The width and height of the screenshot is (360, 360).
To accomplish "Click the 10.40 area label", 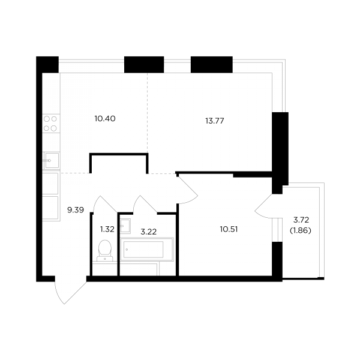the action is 105,119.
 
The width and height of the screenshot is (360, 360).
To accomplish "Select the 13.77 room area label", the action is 215,121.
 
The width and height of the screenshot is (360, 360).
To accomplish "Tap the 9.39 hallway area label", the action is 76,210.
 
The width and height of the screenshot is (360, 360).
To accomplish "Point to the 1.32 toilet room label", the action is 107,229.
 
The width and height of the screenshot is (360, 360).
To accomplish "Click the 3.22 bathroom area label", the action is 149,232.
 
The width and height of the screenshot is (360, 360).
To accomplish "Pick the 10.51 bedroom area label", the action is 229,229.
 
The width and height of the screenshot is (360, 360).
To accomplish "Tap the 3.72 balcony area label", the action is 301,220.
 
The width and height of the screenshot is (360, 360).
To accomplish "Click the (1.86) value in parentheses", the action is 301,230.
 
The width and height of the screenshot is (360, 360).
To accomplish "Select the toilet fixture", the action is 105,251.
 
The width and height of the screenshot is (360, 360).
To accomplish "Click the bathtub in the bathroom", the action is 147,250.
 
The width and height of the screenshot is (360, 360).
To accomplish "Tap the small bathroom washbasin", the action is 125,226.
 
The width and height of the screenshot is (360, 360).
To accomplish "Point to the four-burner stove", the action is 51,124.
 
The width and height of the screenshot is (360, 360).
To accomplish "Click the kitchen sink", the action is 52,160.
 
